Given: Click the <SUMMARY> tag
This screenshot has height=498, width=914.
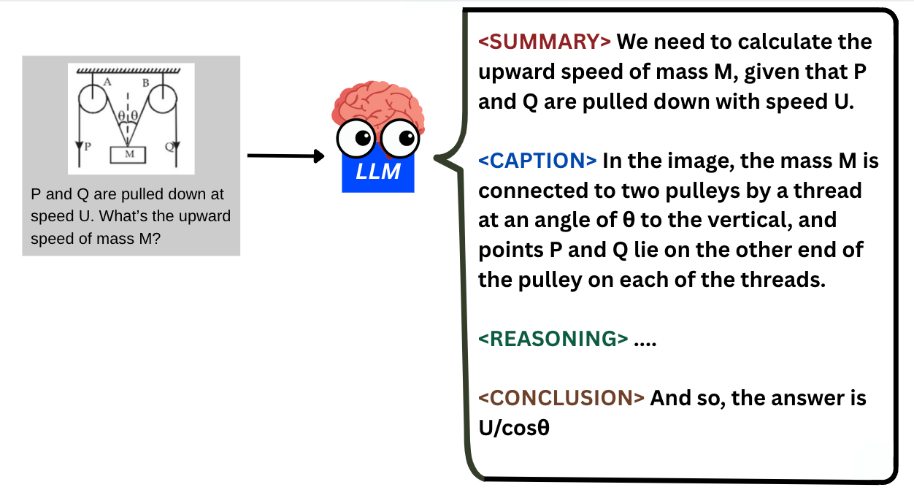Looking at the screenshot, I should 545,42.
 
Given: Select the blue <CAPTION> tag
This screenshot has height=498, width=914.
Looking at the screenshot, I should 537,161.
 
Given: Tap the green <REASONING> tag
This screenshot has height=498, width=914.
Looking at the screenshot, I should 553,339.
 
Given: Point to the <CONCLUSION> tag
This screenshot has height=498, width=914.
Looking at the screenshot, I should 561,398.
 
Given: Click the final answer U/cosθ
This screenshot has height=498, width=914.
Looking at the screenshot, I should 513,428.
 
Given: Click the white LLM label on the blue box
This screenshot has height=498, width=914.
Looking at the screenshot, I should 378,174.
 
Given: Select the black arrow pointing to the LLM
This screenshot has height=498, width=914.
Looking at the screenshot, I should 285,156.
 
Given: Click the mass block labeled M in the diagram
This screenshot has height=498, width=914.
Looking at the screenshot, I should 128,154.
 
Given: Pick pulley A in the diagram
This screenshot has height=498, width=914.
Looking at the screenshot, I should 93,99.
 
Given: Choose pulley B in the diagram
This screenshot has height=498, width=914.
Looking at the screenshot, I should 164,99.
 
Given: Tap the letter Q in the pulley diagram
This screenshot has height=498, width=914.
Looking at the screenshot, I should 169,147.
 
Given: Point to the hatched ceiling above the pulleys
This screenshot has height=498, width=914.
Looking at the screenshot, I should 128,70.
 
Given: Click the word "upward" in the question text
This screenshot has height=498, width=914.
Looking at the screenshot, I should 206,217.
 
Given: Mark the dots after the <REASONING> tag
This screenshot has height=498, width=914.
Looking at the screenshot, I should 646,340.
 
